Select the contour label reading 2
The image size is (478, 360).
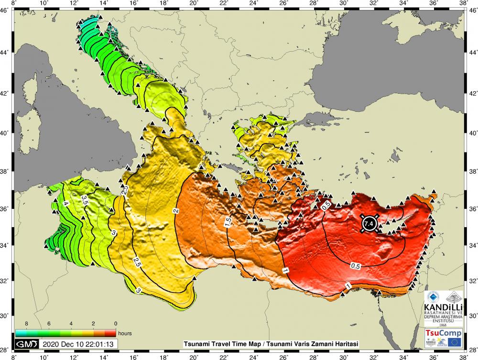[x=176, y=211]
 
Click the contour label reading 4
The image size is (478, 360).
[x=66, y=204]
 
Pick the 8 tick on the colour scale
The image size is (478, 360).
[x=18, y=324]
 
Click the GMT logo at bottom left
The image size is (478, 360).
[x=26, y=344]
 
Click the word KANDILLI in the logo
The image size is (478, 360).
[x=443, y=305]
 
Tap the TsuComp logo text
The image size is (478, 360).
[x=443, y=332]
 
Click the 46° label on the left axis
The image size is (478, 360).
[x=7, y=10]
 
